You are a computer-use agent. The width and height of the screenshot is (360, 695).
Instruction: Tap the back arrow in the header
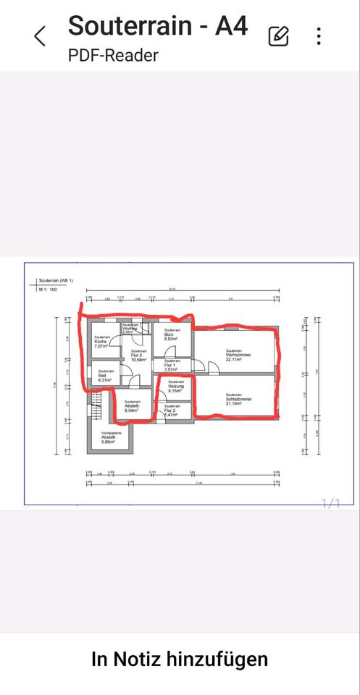pos(41,35)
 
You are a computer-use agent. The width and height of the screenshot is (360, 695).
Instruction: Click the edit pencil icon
pos(278,36)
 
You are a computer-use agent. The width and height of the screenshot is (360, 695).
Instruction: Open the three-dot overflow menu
pos(319,36)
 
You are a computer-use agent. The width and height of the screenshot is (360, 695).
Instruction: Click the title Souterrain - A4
pos(158,25)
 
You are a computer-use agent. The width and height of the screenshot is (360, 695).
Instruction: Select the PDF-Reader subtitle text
pos(112,55)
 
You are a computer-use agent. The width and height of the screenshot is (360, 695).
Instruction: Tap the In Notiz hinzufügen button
pos(180,659)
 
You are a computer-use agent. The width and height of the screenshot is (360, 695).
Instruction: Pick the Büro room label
pos(171,335)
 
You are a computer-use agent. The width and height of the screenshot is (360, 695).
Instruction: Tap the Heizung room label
pos(176,387)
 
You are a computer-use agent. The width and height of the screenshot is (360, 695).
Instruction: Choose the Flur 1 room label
pos(172,365)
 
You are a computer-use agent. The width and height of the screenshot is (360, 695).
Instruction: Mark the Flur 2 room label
pos(172,412)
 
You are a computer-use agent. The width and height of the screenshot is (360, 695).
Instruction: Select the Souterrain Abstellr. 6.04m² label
pos(132,406)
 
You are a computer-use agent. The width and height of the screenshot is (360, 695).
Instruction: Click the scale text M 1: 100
pos(48,290)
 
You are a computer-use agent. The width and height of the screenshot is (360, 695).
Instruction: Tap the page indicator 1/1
pos(330,503)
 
